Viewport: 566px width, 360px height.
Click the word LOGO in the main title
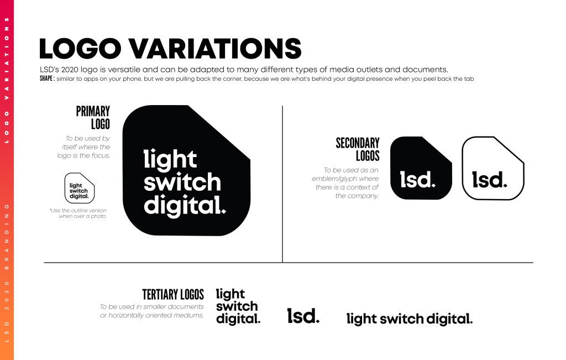pos(80,48)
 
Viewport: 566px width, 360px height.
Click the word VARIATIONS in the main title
pos(215,48)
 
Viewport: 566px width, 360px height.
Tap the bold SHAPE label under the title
pos(47,79)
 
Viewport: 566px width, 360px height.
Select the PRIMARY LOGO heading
pos(93,117)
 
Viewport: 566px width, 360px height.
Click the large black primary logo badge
pos(186,170)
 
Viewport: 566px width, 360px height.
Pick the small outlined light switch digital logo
pos(80,188)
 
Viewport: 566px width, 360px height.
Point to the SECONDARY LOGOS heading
pos(358,149)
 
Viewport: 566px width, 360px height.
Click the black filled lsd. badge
pos(421,168)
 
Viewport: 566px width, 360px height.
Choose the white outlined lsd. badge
pos(493,168)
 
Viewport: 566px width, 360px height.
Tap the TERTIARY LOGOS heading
pos(173,294)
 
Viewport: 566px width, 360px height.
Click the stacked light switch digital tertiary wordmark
pos(238,306)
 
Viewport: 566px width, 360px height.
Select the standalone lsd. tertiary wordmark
pos(303,316)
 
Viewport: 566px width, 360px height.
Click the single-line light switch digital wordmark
pos(410,319)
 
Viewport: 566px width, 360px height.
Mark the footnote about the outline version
pos(78,213)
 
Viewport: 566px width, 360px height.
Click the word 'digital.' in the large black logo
pos(185,206)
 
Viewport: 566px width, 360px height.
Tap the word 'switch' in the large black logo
pos(182,182)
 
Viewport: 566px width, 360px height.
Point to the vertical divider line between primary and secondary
pos(282,184)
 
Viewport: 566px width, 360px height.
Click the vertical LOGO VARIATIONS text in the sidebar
pos(7,80)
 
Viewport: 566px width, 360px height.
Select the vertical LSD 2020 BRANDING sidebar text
pos(7,273)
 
